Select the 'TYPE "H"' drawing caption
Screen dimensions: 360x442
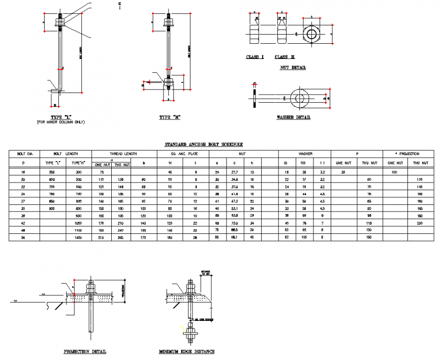[170, 117]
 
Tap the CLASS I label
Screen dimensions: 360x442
[255, 57]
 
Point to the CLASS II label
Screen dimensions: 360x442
[285, 57]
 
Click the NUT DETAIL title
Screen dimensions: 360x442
[293, 68]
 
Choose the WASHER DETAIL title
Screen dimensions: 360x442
[293, 117]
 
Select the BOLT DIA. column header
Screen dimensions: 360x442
[25, 154]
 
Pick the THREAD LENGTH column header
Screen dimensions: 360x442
[124, 154]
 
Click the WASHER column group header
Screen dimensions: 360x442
[305, 154]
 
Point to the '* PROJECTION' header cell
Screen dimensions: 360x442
[407, 154]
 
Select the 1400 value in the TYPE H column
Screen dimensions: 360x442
[78, 237]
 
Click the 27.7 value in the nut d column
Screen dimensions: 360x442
[235, 173]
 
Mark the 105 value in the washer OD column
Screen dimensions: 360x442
[304, 237]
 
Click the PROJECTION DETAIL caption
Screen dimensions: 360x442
[85, 351]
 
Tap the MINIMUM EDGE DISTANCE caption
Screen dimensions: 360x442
[186, 351]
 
